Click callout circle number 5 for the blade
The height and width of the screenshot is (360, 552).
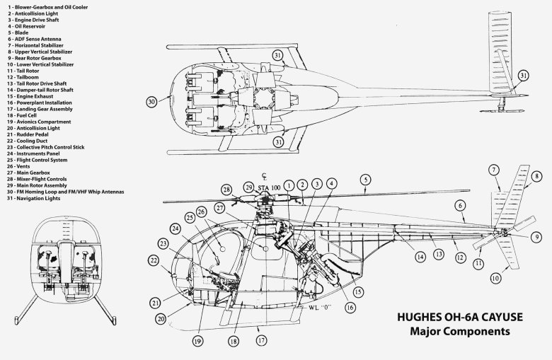[364, 179]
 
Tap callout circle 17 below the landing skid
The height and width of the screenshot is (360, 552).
[261, 339]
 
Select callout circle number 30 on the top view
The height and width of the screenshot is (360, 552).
[151, 102]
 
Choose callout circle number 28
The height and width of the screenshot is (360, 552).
[226, 190]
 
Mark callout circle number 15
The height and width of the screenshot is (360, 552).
[359, 292]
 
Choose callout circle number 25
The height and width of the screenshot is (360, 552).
[190, 216]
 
